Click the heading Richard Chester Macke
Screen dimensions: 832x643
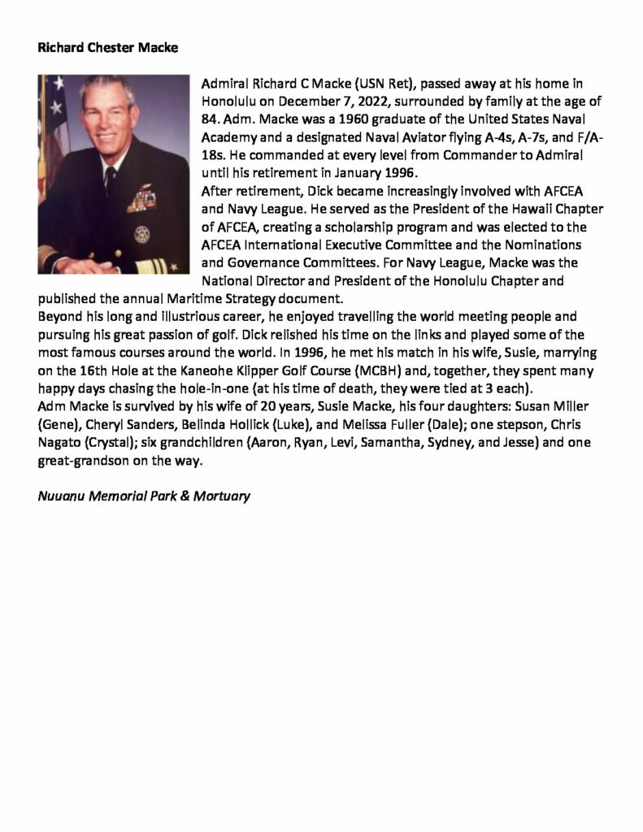pos(107,48)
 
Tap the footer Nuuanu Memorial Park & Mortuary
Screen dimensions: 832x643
pos(143,495)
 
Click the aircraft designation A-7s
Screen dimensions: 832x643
pos(515,135)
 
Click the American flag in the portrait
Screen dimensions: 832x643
pos(53,110)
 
